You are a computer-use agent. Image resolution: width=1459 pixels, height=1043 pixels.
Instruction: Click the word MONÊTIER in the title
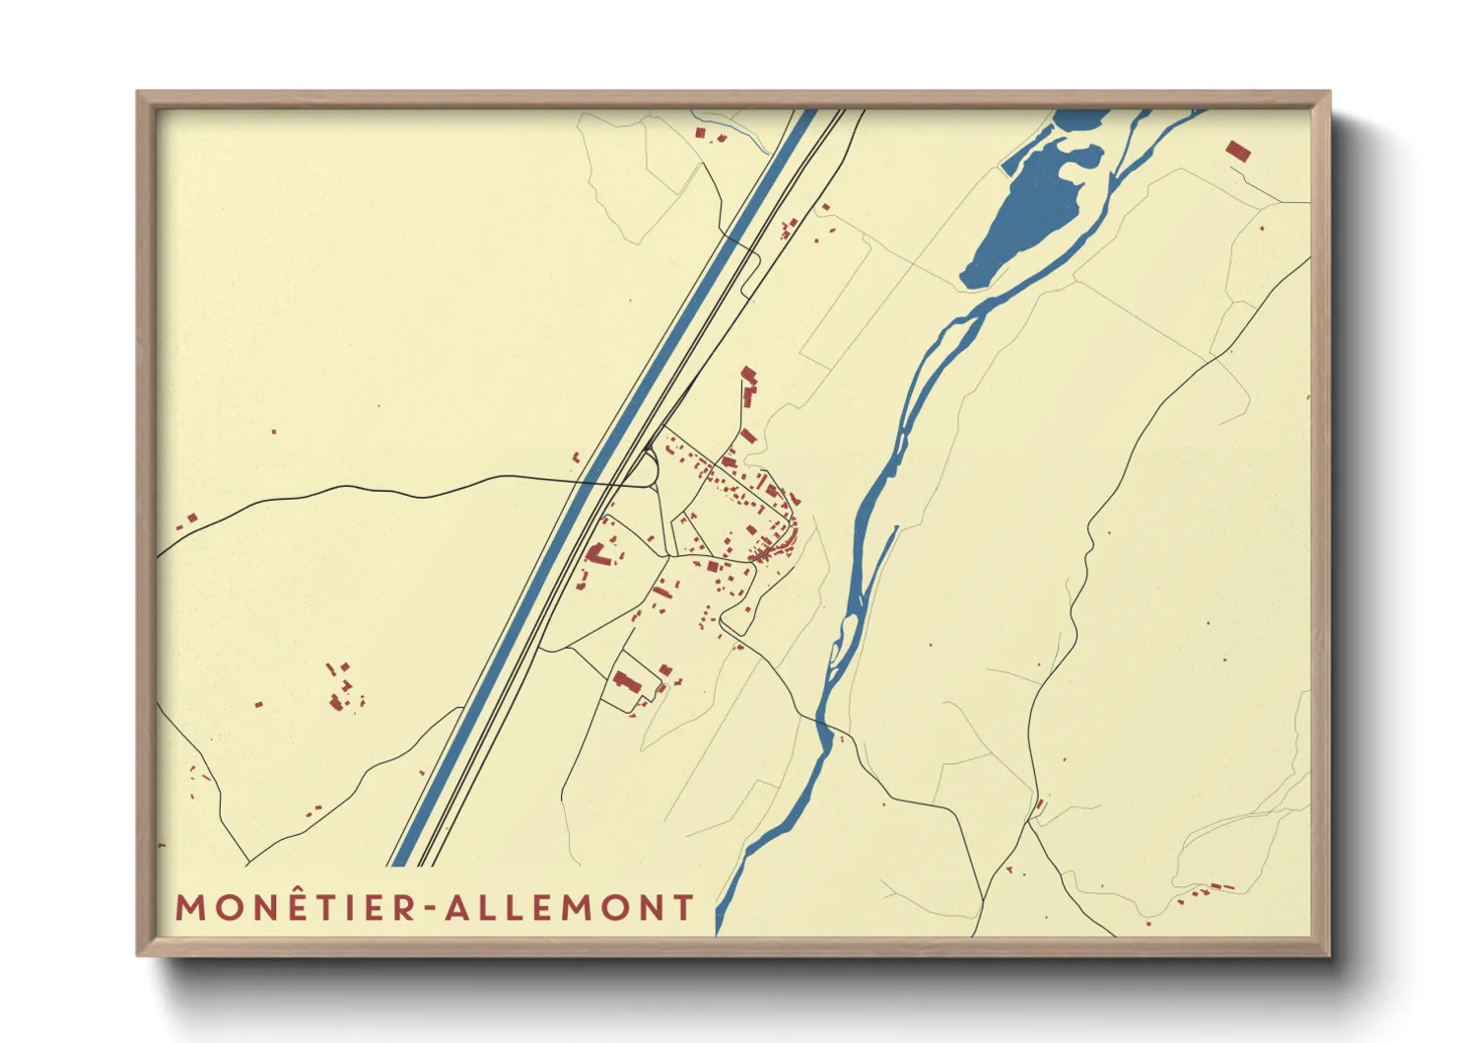tap(297, 908)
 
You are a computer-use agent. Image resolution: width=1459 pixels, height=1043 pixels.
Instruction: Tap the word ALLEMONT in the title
tap(570, 908)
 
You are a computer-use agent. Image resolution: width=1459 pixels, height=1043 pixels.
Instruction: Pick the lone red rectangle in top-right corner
tap(1238, 152)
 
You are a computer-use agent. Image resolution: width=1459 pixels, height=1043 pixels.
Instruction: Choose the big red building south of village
tap(625, 680)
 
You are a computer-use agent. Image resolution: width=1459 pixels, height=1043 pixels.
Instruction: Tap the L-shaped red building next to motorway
tap(597, 554)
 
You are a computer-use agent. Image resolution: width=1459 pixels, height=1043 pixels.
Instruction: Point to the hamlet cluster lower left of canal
tap(343, 687)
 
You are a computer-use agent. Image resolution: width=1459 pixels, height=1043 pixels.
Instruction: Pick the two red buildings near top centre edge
tap(709, 134)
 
